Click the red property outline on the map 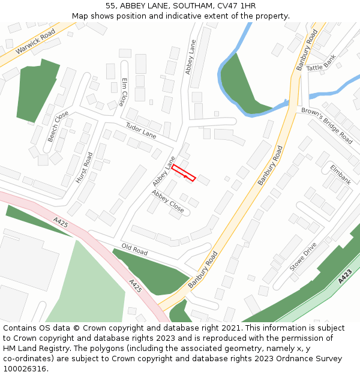[x=184, y=172]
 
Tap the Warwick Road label [x=35, y=41]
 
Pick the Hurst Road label [x=84, y=167]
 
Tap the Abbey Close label [x=167, y=201]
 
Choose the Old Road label [x=134, y=250]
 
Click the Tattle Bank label [x=322, y=65]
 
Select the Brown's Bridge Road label [x=327, y=125]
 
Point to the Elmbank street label [x=340, y=173]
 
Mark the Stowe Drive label [x=302, y=257]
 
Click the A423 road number [x=344, y=277]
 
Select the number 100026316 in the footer [x=25, y=369]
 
